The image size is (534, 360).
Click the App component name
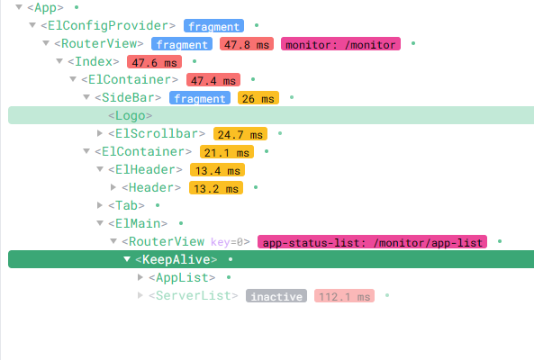pos(45,7)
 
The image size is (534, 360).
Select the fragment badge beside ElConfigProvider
pos(213,26)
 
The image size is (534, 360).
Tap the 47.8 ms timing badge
pos(247,44)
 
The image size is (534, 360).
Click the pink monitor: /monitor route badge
pos(340,44)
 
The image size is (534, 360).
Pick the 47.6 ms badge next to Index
pos(154,62)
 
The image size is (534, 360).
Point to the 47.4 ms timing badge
pos(213,80)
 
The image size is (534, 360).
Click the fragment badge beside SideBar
pos(200,98)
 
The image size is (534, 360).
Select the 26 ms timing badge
pos(258,98)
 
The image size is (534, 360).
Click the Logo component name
pos(130,116)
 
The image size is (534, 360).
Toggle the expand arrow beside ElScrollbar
pos(100,133)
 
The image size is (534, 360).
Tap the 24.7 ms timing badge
pos(240,134)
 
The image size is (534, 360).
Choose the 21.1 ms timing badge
pos(227,152)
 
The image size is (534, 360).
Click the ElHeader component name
pos(145,169)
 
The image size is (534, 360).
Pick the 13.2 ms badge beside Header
pos(216,188)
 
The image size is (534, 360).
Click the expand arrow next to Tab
pos(100,205)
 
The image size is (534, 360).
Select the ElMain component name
pos(138,223)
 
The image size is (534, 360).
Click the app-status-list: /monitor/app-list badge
pos(372,242)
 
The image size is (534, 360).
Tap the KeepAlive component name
pos(176,259)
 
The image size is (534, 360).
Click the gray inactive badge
pos(276,296)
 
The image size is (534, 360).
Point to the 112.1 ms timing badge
pos(344,296)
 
